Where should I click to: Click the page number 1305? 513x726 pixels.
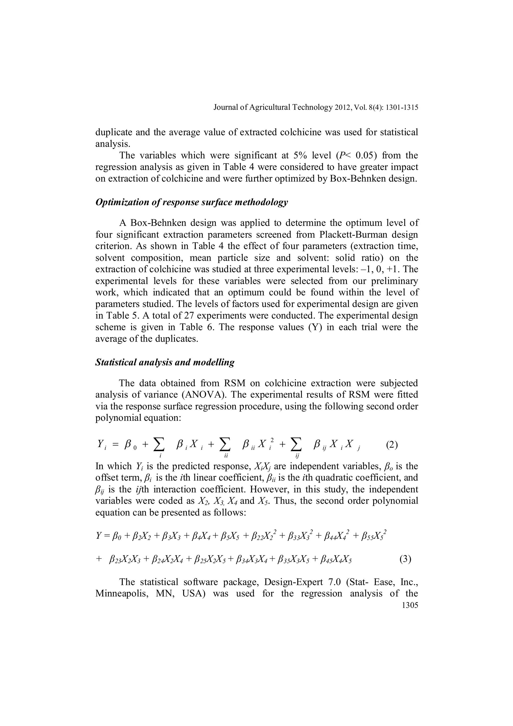click(409, 606)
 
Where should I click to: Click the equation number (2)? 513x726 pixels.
click(392, 445)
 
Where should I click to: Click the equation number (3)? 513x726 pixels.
click(405, 559)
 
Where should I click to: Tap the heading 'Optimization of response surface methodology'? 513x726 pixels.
click(192, 202)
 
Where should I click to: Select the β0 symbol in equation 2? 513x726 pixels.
click(130, 445)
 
